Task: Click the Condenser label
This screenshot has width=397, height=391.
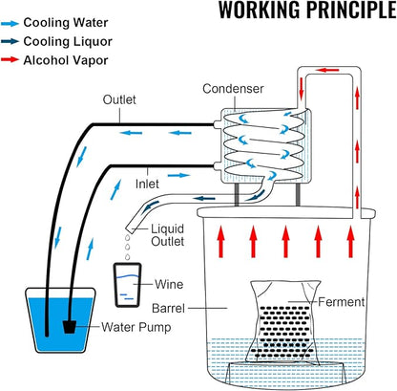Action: (x=233, y=89)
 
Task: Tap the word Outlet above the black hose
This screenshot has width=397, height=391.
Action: (x=119, y=99)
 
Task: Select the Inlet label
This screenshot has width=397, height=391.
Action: (x=147, y=184)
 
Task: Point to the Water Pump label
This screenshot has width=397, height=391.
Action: (x=136, y=327)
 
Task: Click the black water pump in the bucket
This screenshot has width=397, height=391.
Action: (x=70, y=327)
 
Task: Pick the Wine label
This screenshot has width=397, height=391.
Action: (x=169, y=284)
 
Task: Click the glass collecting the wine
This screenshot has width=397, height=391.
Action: (x=127, y=285)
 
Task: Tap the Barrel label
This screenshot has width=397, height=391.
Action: (x=168, y=309)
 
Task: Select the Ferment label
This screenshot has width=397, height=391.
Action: (x=341, y=302)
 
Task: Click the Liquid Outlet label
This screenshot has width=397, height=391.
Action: (x=167, y=235)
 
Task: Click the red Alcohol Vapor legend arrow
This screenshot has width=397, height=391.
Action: (x=10, y=59)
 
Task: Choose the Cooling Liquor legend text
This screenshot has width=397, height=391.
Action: (x=68, y=41)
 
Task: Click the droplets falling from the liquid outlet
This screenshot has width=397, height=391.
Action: (x=128, y=247)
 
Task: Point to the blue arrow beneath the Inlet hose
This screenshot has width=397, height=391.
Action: (x=178, y=175)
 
